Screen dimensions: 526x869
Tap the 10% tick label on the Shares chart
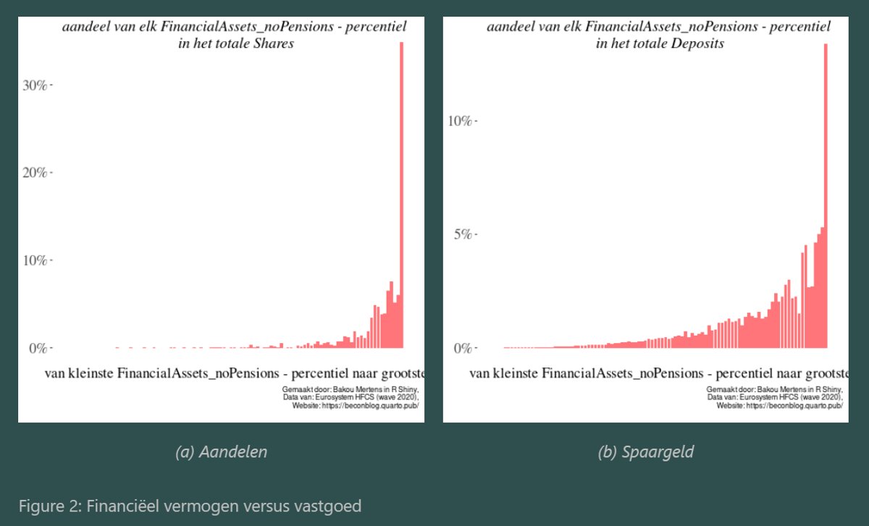35,260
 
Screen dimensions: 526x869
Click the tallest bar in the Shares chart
401,195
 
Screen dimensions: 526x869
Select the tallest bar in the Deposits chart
826,195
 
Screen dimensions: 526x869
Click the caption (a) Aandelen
221,452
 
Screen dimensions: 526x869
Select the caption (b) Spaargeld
646,452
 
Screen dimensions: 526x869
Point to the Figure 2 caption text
190,506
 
